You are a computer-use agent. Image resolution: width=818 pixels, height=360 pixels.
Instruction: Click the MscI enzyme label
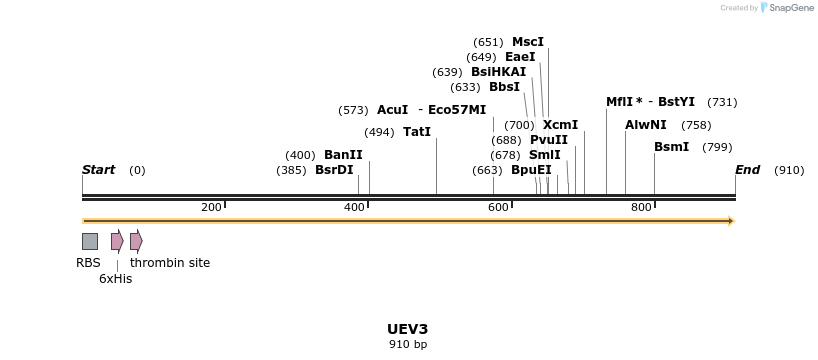pos(527,42)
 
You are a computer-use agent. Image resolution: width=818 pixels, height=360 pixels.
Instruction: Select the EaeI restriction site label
pos(519,57)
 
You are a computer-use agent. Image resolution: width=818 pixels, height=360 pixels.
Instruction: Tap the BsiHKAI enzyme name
pos(498,72)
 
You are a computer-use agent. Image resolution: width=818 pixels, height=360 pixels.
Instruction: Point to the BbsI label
pos(504,87)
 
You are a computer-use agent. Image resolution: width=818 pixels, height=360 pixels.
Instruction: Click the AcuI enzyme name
pos(392,110)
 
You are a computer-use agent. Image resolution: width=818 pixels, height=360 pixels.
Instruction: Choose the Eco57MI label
pos(457,110)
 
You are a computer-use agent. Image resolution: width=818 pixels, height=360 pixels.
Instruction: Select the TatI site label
pos(417,132)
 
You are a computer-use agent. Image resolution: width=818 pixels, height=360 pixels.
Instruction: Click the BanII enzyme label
pos(343,155)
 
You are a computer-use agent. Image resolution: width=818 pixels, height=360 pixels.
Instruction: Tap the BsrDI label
pos(334,170)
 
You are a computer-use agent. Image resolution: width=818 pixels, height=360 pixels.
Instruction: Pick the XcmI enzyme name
pos(560,125)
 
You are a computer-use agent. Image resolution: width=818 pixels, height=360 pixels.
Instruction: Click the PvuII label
pos(548,140)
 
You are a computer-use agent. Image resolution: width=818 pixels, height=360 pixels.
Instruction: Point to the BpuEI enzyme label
pos(531,170)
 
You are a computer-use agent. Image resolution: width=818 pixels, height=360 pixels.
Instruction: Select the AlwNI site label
pos(645,125)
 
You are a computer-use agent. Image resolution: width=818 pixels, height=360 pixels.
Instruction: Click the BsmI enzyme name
pos(671,147)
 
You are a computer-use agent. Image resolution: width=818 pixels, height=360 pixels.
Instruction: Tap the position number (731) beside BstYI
pos(722,102)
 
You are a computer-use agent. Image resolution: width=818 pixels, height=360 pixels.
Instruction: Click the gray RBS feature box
pos(90,241)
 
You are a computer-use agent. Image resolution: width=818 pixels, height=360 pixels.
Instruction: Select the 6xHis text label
pos(115,279)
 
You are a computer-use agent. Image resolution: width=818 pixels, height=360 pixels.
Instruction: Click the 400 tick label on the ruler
pos(354,207)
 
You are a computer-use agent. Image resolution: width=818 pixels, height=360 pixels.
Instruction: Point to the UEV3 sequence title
pos(407,329)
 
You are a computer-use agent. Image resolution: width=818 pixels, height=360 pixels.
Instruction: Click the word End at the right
pos(747,170)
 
